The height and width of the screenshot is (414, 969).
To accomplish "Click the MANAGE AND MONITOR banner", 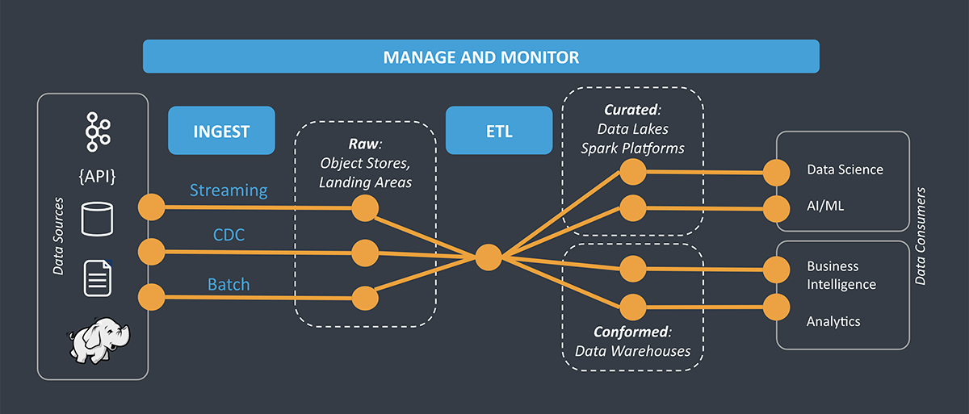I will (480, 57).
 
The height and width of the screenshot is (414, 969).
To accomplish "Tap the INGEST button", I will (220, 130).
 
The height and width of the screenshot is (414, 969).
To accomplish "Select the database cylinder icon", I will (97, 219).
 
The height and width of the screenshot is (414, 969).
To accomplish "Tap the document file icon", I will (97, 278).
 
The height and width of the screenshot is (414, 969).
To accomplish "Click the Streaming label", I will (229, 190).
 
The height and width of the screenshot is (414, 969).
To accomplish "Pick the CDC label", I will (229, 234).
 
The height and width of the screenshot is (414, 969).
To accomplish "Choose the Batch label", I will (229, 284).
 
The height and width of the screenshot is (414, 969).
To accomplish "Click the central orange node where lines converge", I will (488, 257).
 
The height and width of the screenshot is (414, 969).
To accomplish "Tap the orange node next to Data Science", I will (776, 171).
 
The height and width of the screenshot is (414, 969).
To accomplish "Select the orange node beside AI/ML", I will (776, 207).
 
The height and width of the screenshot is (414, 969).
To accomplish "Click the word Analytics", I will (833, 321).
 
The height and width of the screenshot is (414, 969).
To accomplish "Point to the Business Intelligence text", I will (841, 275).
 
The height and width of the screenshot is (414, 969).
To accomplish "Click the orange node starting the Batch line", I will (150, 296).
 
